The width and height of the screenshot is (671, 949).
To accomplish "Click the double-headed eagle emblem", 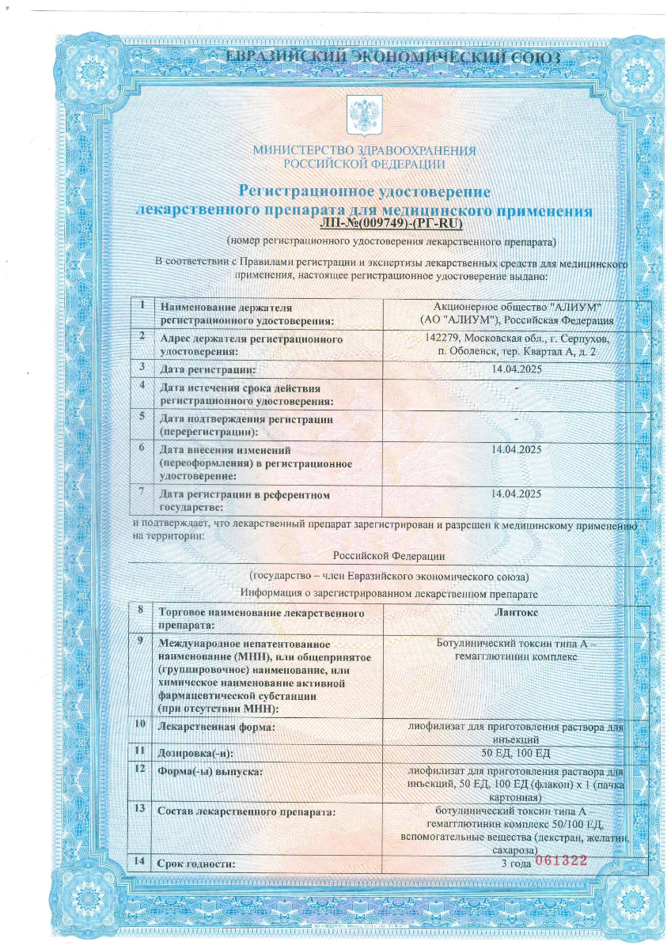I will (x=365, y=115).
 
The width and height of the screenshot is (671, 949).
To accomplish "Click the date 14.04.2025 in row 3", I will (x=516, y=369).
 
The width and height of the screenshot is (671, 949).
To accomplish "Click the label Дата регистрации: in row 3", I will (x=207, y=369).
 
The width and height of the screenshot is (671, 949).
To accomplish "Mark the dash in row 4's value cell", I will (x=516, y=387).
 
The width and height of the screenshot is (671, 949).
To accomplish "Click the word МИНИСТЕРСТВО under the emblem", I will (x=301, y=150).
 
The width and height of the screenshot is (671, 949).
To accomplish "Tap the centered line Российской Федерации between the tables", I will (x=389, y=556).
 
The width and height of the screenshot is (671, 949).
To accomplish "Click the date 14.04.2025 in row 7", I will (x=516, y=493).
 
